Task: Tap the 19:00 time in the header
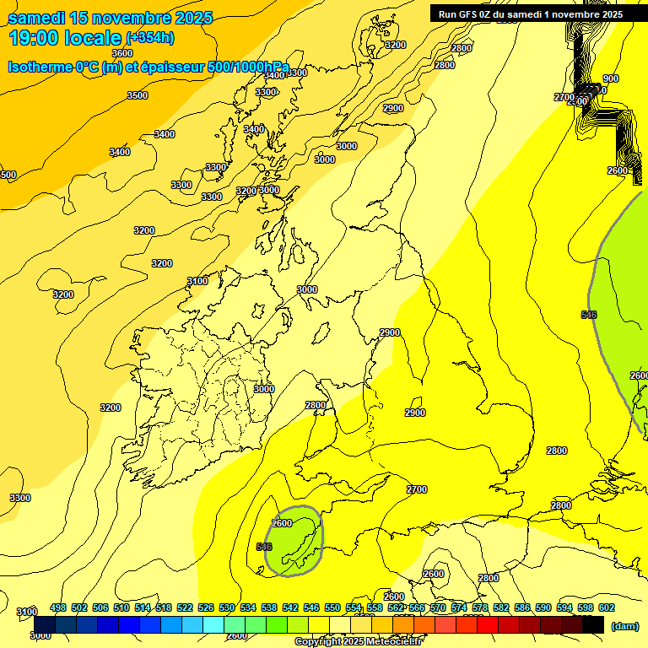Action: tap(33, 39)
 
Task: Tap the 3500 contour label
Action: tap(137, 95)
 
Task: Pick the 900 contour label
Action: tap(610, 78)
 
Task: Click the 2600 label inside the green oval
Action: tap(282, 523)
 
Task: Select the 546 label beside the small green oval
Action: tap(263, 547)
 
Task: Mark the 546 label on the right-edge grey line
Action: tap(589, 315)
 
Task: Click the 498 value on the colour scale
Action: tap(58, 607)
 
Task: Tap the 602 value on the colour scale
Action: tap(606, 607)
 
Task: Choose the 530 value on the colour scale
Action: tap(227, 607)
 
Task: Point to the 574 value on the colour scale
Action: tap(459, 607)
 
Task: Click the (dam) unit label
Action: tap(624, 626)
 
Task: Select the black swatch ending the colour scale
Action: tap(593, 624)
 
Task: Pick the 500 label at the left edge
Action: tap(8, 175)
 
